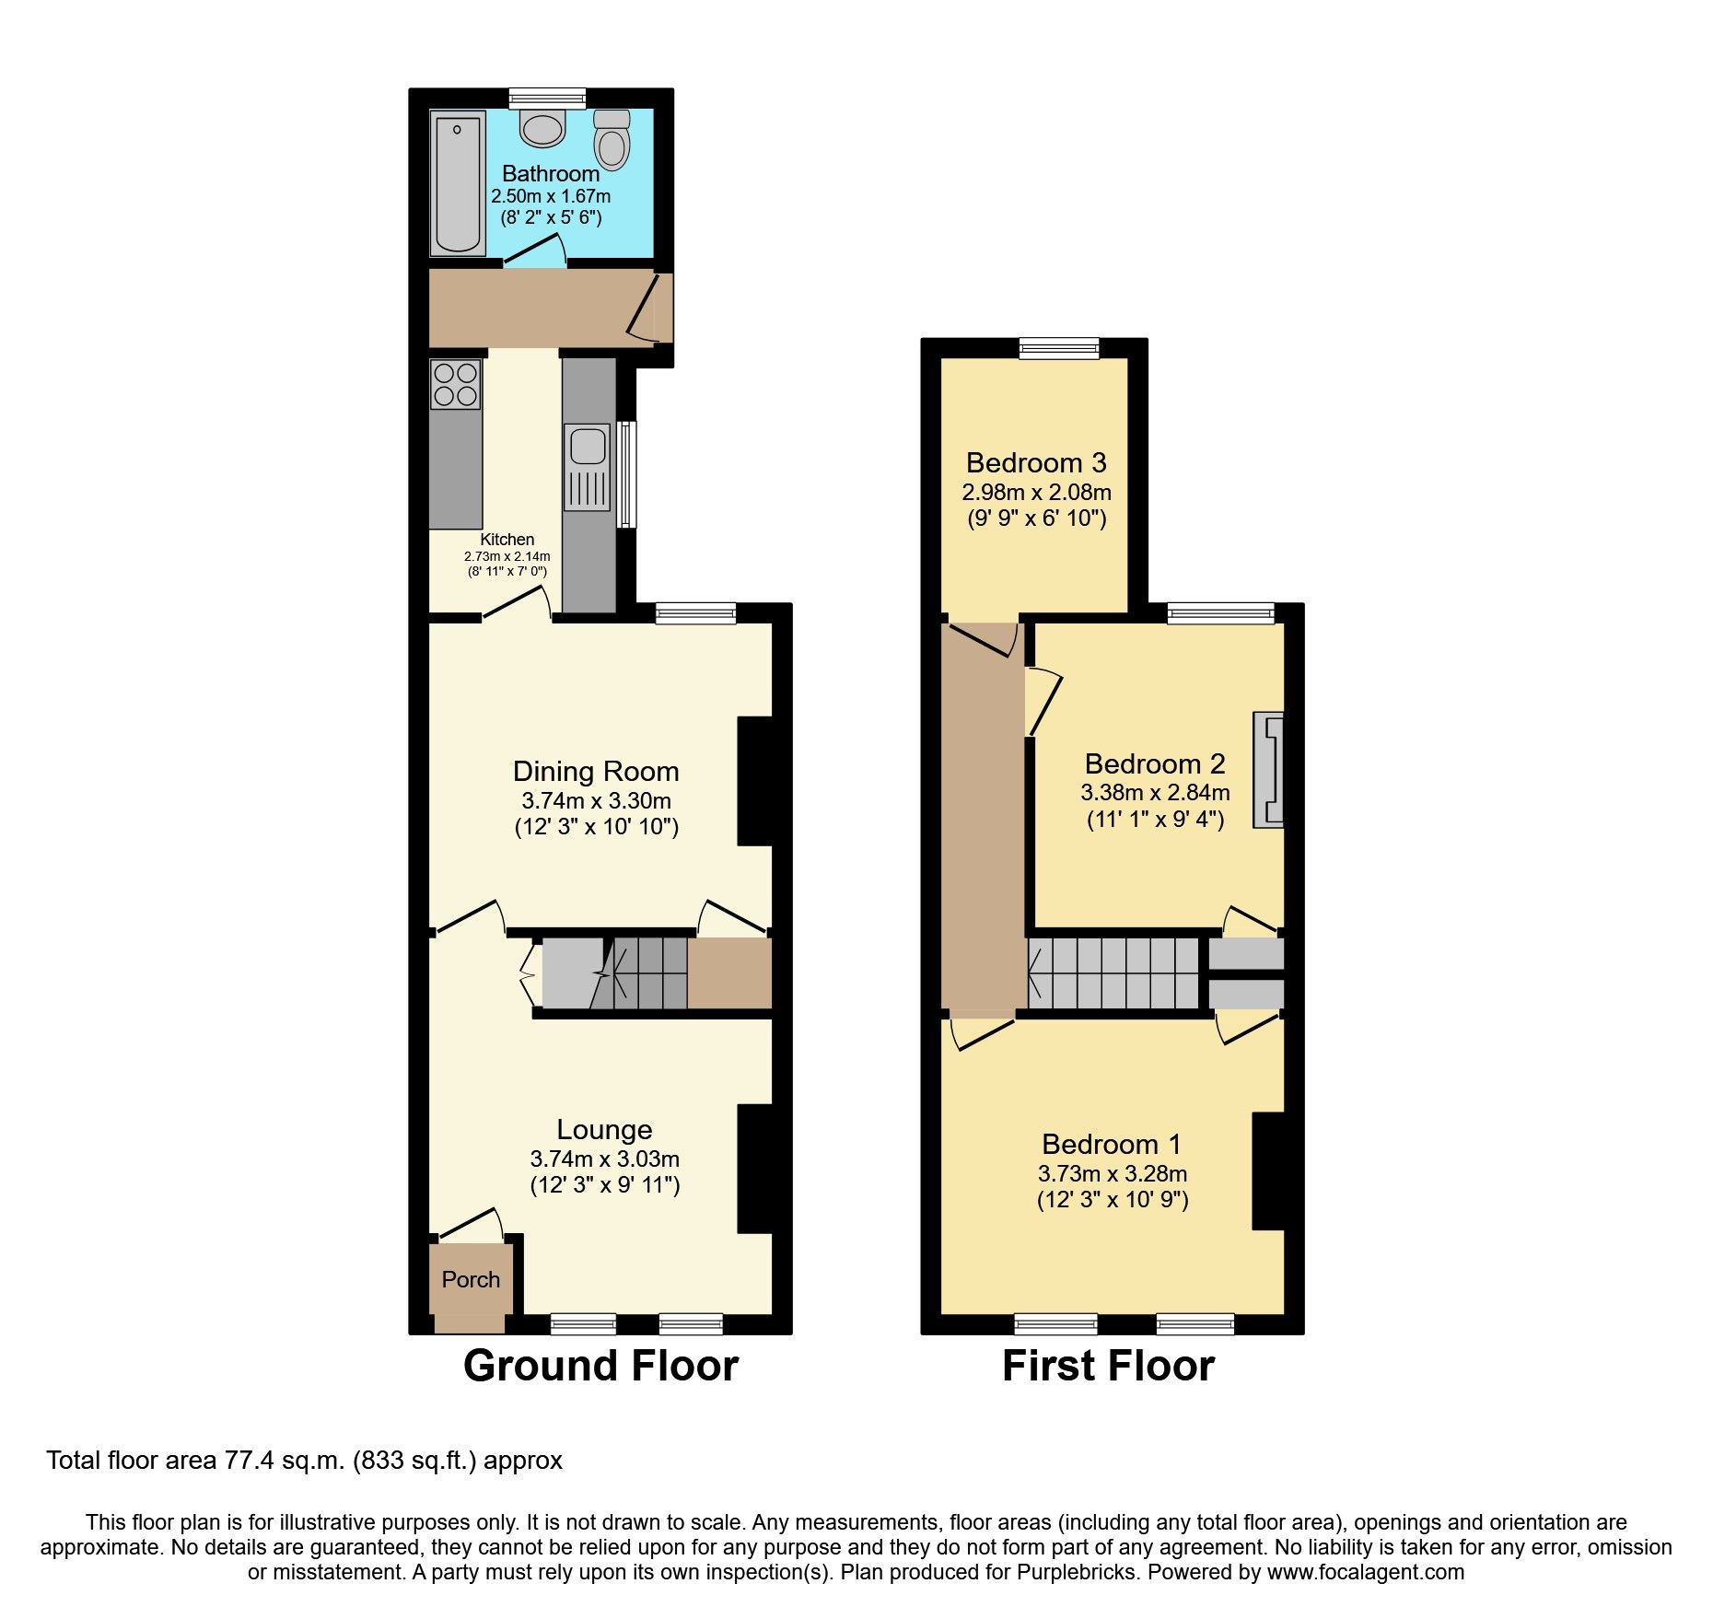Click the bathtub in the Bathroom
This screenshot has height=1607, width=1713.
(x=458, y=183)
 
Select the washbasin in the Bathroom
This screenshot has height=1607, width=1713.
(x=542, y=128)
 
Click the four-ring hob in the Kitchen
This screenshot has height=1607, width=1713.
(x=455, y=384)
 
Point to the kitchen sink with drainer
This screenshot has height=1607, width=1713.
(x=588, y=466)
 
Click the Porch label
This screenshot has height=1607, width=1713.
(x=471, y=1279)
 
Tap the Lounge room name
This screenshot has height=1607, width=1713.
(x=604, y=1129)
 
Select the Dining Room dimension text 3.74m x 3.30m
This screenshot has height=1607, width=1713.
(x=596, y=800)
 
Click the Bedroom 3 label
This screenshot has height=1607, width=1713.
(x=1036, y=462)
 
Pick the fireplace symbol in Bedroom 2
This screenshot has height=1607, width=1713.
(x=1268, y=770)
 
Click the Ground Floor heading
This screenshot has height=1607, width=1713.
(x=600, y=1366)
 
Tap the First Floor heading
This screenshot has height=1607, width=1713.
(x=1108, y=1366)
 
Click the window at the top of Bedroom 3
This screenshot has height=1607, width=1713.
(x=1059, y=348)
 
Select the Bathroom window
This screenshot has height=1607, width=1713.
(x=547, y=98)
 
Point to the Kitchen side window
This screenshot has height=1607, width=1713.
(x=626, y=474)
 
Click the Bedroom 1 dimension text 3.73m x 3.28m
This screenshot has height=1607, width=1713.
(x=1112, y=1173)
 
